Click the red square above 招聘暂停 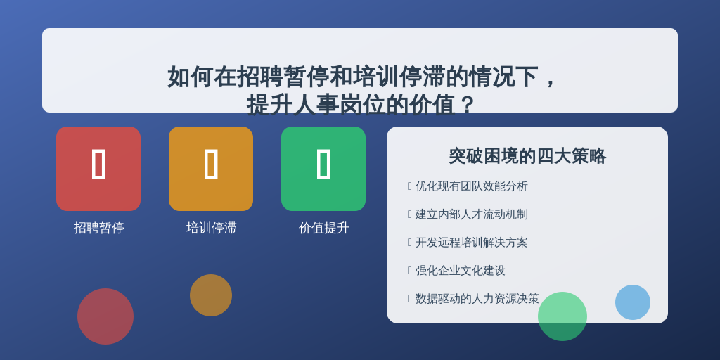(98, 169)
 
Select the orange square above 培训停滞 (211, 169)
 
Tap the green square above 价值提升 (323, 169)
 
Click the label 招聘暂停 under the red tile (98, 228)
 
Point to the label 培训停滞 (211, 228)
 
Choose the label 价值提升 (323, 228)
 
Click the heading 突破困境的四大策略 (527, 156)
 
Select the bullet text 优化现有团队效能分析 (472, 186)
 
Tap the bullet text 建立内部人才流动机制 (472, 214)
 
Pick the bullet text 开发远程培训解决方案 (472, 243)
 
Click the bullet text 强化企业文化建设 (460, 271)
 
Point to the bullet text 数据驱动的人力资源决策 (477, 298)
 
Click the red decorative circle (105, 316)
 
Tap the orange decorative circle (211, 295)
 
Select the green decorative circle (562, 316)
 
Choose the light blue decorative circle (633, 302)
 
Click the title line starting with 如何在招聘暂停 (362, 77)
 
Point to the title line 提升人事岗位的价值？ (361, 104)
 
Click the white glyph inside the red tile (98, 164)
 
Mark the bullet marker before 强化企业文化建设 (410, 271)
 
